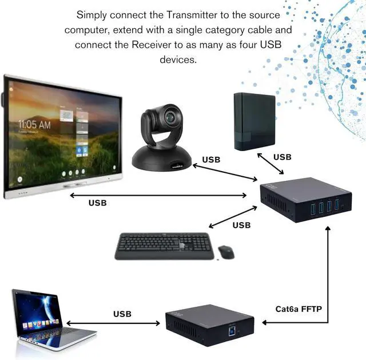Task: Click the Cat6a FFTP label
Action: pos(299,310)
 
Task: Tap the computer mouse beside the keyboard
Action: pos(226,251)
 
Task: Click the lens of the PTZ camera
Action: pos(172,117)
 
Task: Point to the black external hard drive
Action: pos(255,121)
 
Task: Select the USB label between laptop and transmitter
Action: pos(122,314)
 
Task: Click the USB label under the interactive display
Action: pos(97,203)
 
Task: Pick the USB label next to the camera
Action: pos(211,160)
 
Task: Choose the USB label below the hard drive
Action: pos(283,157)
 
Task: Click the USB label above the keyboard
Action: pos(241,225)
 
